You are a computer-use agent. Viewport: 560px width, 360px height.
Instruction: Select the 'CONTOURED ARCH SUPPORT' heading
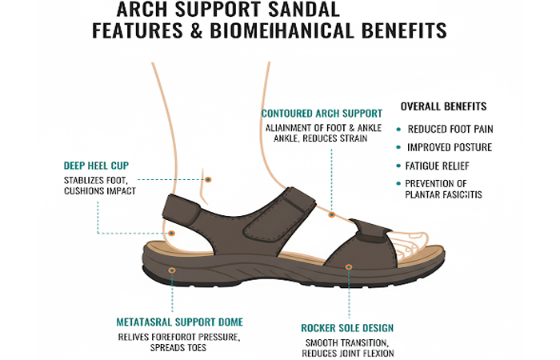click(x=322, y=113)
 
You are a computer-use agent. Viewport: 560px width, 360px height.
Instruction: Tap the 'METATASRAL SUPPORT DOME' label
click(x=181, y=322)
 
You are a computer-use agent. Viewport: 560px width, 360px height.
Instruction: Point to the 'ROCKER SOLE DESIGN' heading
click(x=347, y=328)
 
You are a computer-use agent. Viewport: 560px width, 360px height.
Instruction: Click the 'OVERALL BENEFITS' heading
click(x=443, y=106)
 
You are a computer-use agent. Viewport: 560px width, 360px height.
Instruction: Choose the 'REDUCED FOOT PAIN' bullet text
click(x=450, y=129)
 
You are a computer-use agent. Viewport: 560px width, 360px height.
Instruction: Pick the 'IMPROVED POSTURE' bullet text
click(x=450, y=148)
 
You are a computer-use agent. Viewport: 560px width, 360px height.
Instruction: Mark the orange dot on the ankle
click(x=208, y=180)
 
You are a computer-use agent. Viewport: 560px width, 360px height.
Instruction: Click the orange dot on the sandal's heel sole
click(x=172, y=270)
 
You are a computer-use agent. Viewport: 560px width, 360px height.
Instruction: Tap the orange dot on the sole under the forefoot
click(x=348, y=266)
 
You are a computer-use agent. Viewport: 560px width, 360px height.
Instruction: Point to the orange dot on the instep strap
click(x=331, y=214)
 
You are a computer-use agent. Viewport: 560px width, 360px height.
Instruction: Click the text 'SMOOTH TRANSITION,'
click(x=347, y=342)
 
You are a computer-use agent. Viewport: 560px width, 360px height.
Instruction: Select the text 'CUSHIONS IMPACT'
click(x=98, y=190)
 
